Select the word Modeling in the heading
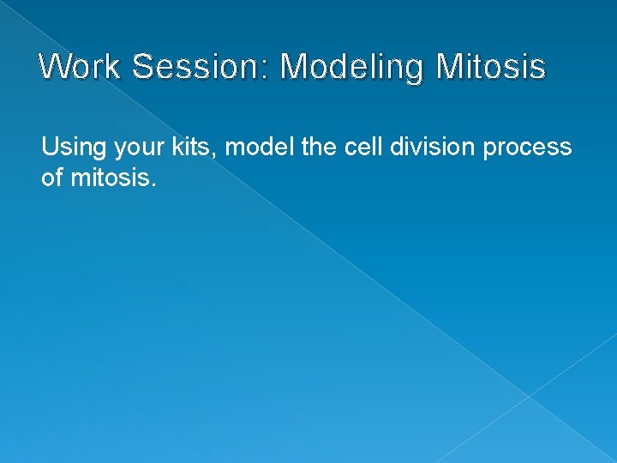pos(354,67)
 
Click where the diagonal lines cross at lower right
pos(529,396)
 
